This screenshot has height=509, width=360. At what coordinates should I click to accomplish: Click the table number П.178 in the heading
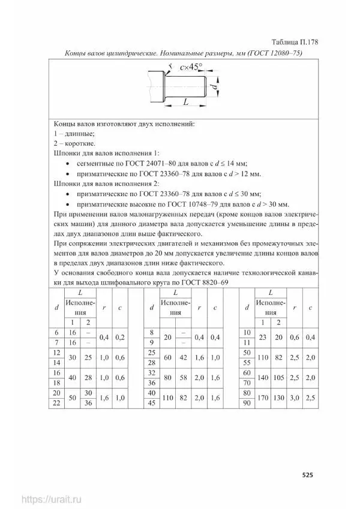point(307,42)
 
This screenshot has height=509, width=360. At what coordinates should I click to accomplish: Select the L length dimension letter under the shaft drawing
point(186,103)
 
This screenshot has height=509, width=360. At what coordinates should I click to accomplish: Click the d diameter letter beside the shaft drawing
point(215,87)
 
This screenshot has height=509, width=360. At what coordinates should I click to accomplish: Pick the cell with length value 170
point(262,396)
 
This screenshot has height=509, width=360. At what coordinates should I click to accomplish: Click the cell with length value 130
point(278,396)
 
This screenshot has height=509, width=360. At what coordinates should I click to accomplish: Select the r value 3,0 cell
point(294,396)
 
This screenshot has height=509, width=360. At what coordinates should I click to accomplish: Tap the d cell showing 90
point(246,402)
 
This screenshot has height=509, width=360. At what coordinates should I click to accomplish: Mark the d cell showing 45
point(151,402)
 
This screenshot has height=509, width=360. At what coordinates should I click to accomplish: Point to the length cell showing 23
point(262,338)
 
